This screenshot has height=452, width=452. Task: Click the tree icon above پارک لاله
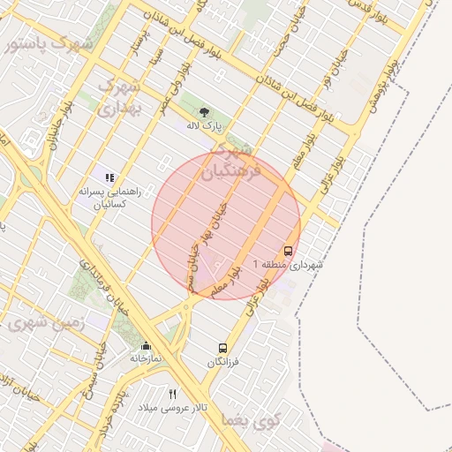(205, 112)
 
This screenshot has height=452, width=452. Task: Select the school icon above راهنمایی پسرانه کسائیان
(109, 177)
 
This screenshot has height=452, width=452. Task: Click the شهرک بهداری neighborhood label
(120, 98)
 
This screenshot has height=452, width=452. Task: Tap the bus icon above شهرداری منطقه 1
(289, 250)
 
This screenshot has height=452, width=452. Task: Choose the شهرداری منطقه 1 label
(288, 264)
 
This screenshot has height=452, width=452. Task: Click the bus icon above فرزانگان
(222, 348)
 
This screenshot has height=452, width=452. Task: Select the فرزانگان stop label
(224, 362)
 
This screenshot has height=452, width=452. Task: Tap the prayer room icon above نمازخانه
(146, 345)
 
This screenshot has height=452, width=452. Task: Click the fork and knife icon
(173, 394)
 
